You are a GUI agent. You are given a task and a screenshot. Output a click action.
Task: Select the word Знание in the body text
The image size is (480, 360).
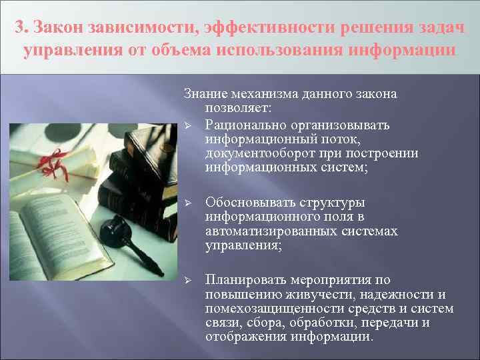click(204, 94)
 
